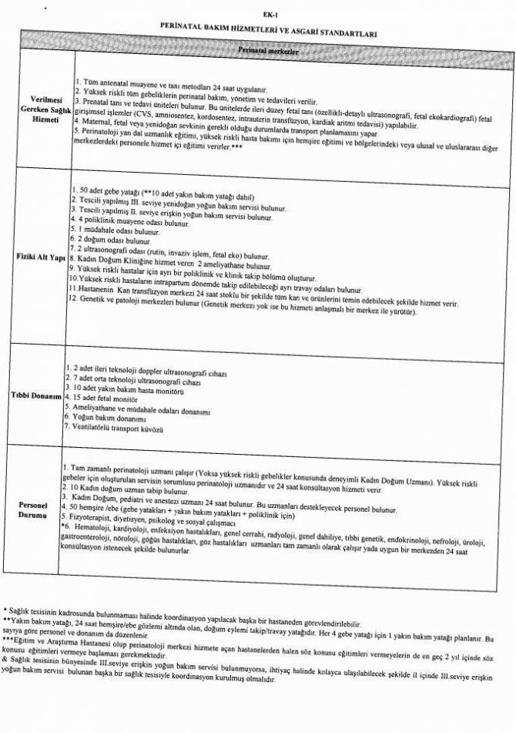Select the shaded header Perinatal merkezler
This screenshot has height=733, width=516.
coord(267,52)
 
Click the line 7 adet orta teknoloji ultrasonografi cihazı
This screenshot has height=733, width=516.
coord(135,382)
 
